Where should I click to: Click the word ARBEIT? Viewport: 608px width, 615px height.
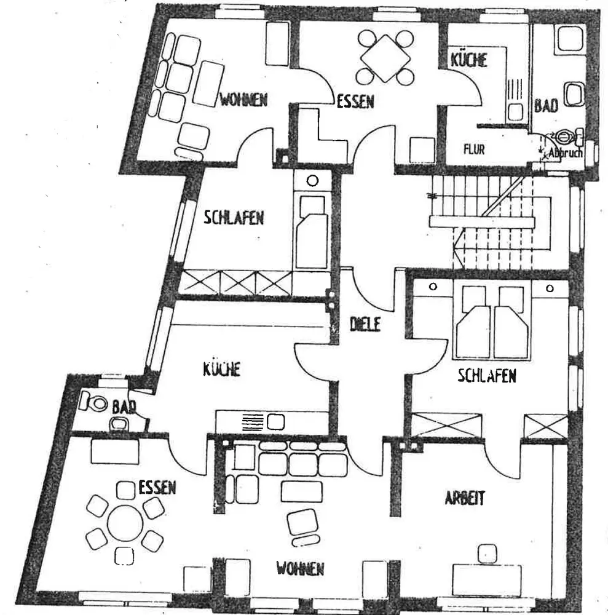(x=465, y=498)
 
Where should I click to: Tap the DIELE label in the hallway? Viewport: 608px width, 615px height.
(x=365, y=324)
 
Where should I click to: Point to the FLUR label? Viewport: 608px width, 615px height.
(x=475, y=149)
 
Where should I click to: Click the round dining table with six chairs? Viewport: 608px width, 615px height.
(x=125, y=523)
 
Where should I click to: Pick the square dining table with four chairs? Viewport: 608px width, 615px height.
(x=385, y=57)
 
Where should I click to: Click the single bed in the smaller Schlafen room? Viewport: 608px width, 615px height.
(x=312, y=234)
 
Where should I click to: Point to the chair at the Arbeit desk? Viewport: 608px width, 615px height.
(x=489, y=552)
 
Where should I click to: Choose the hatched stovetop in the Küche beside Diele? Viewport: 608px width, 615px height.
(x=252, y=422)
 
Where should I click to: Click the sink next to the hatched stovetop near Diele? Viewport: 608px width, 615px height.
(x=275, y=422)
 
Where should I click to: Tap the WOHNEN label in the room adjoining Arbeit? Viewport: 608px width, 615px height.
(x=299, y=569)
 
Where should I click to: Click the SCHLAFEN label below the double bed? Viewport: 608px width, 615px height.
(x=486, y=376)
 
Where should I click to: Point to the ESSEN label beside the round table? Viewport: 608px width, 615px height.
(x=157, y=488)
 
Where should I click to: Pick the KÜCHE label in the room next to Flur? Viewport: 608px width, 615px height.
(x=468, y=60)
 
